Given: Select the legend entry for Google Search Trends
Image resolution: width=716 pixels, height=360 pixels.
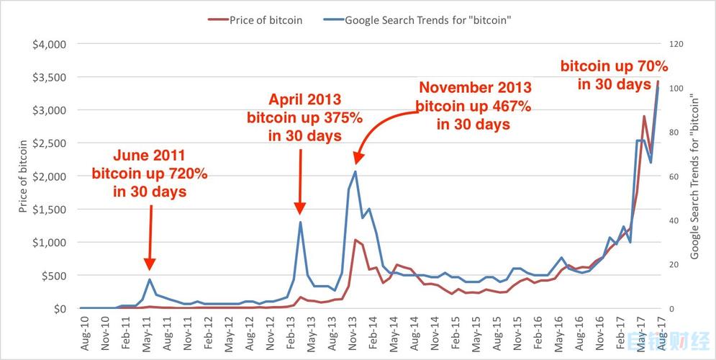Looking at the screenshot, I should coord(427,20).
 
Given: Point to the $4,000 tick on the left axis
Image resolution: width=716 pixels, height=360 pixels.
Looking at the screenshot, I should coord(50,44).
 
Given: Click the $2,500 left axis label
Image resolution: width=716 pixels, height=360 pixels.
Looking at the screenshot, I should coord(50,143).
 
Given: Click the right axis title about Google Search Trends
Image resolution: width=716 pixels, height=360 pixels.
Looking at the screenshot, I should coord(695,176).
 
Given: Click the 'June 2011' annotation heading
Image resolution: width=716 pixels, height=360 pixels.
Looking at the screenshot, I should coord(150,154).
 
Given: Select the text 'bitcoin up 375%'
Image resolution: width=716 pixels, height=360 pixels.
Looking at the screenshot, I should coord(304,117).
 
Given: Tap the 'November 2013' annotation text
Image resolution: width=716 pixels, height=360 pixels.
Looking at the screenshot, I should coord(475,88).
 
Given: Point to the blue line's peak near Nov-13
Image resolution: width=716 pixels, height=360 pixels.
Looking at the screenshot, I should coord(355,171).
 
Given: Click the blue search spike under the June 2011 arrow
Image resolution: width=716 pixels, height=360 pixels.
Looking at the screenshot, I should coord(150,279).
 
